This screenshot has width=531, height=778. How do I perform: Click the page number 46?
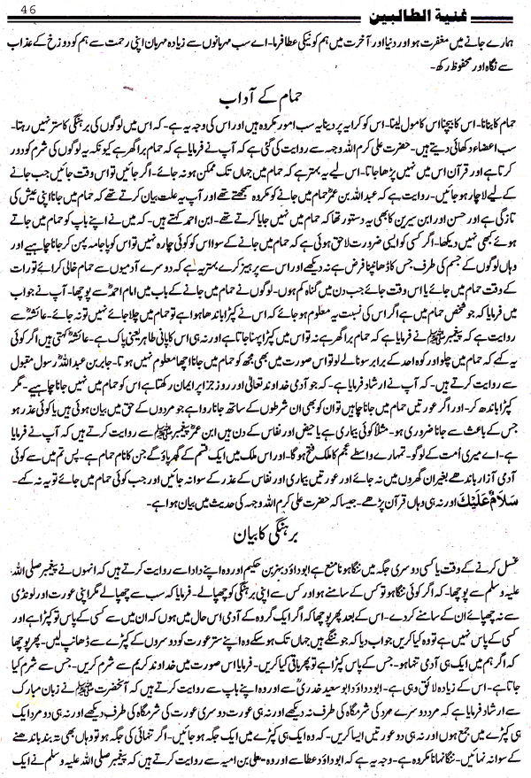(x=17, y=11)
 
